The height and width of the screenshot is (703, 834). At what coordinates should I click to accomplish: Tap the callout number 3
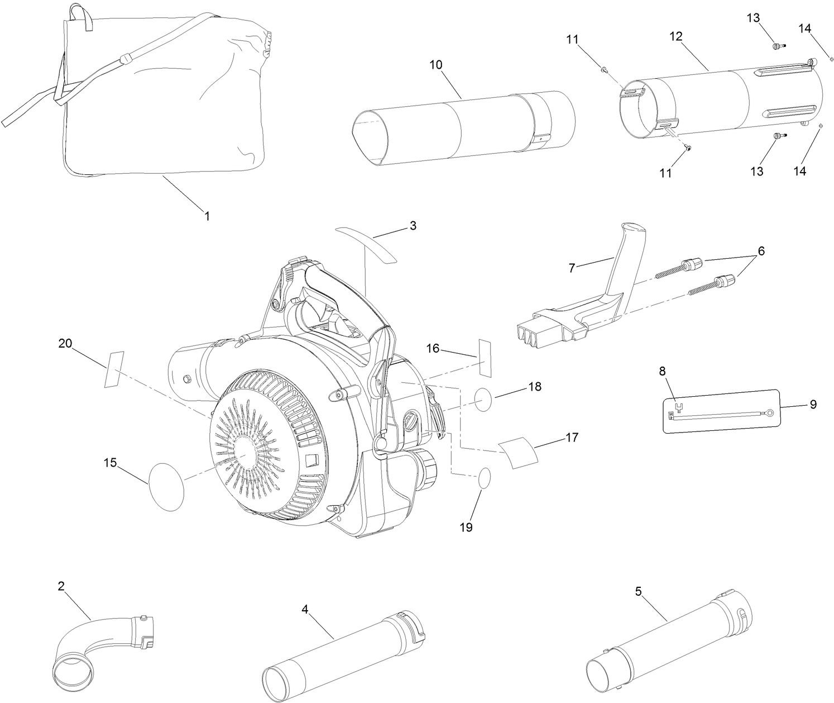click(x=413, y=226)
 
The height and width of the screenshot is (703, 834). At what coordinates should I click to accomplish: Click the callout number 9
click(x=813, y=404)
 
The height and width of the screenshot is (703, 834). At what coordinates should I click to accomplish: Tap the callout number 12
click(x=676, y=36)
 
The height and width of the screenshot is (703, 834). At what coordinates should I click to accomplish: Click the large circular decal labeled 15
click(x=166, y=485)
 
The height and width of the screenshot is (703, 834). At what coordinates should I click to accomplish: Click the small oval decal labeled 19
click(x=485, y=478)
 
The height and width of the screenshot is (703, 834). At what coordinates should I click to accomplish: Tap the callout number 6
click(x=758, y=251)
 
